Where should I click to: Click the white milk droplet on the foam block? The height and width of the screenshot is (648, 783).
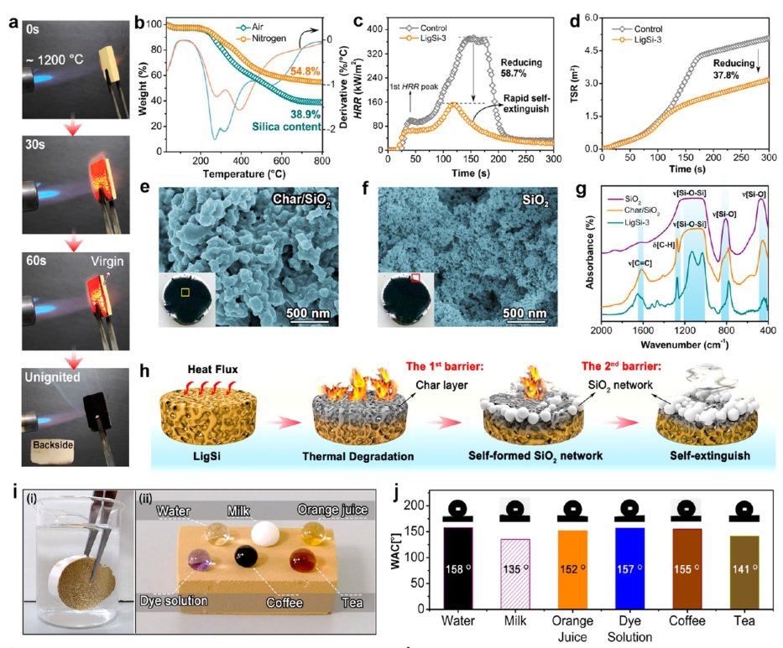point(268,532)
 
